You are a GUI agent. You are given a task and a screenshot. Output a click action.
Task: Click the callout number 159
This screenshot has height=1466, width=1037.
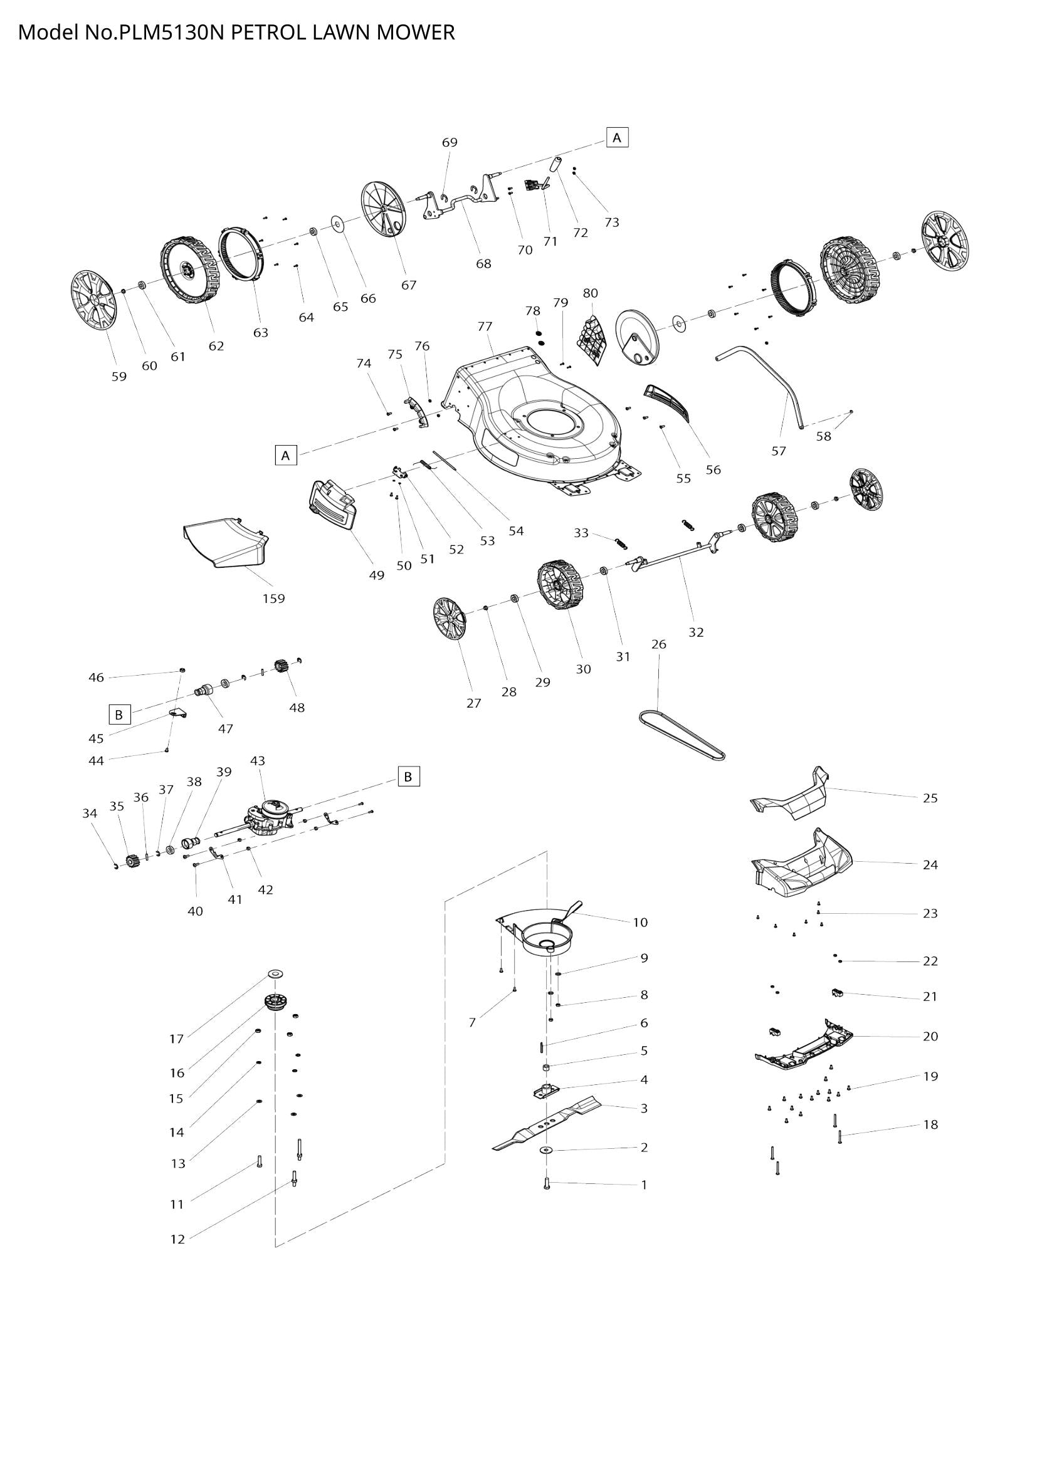coord(273,599)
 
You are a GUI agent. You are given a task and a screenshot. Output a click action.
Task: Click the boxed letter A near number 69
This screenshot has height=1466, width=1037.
coord(617,137)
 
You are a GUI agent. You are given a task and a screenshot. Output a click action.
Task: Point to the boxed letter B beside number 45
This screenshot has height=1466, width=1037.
coord(118,715)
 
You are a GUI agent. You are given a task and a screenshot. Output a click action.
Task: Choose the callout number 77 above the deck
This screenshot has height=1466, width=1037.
coord(485,327)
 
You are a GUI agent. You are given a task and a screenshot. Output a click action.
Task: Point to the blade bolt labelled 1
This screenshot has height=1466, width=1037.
coord(547,1183)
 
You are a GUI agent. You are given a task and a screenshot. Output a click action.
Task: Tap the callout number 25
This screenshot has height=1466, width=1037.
coord(930,798)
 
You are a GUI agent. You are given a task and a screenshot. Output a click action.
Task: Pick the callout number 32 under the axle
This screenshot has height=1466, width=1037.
coord(695,632)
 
